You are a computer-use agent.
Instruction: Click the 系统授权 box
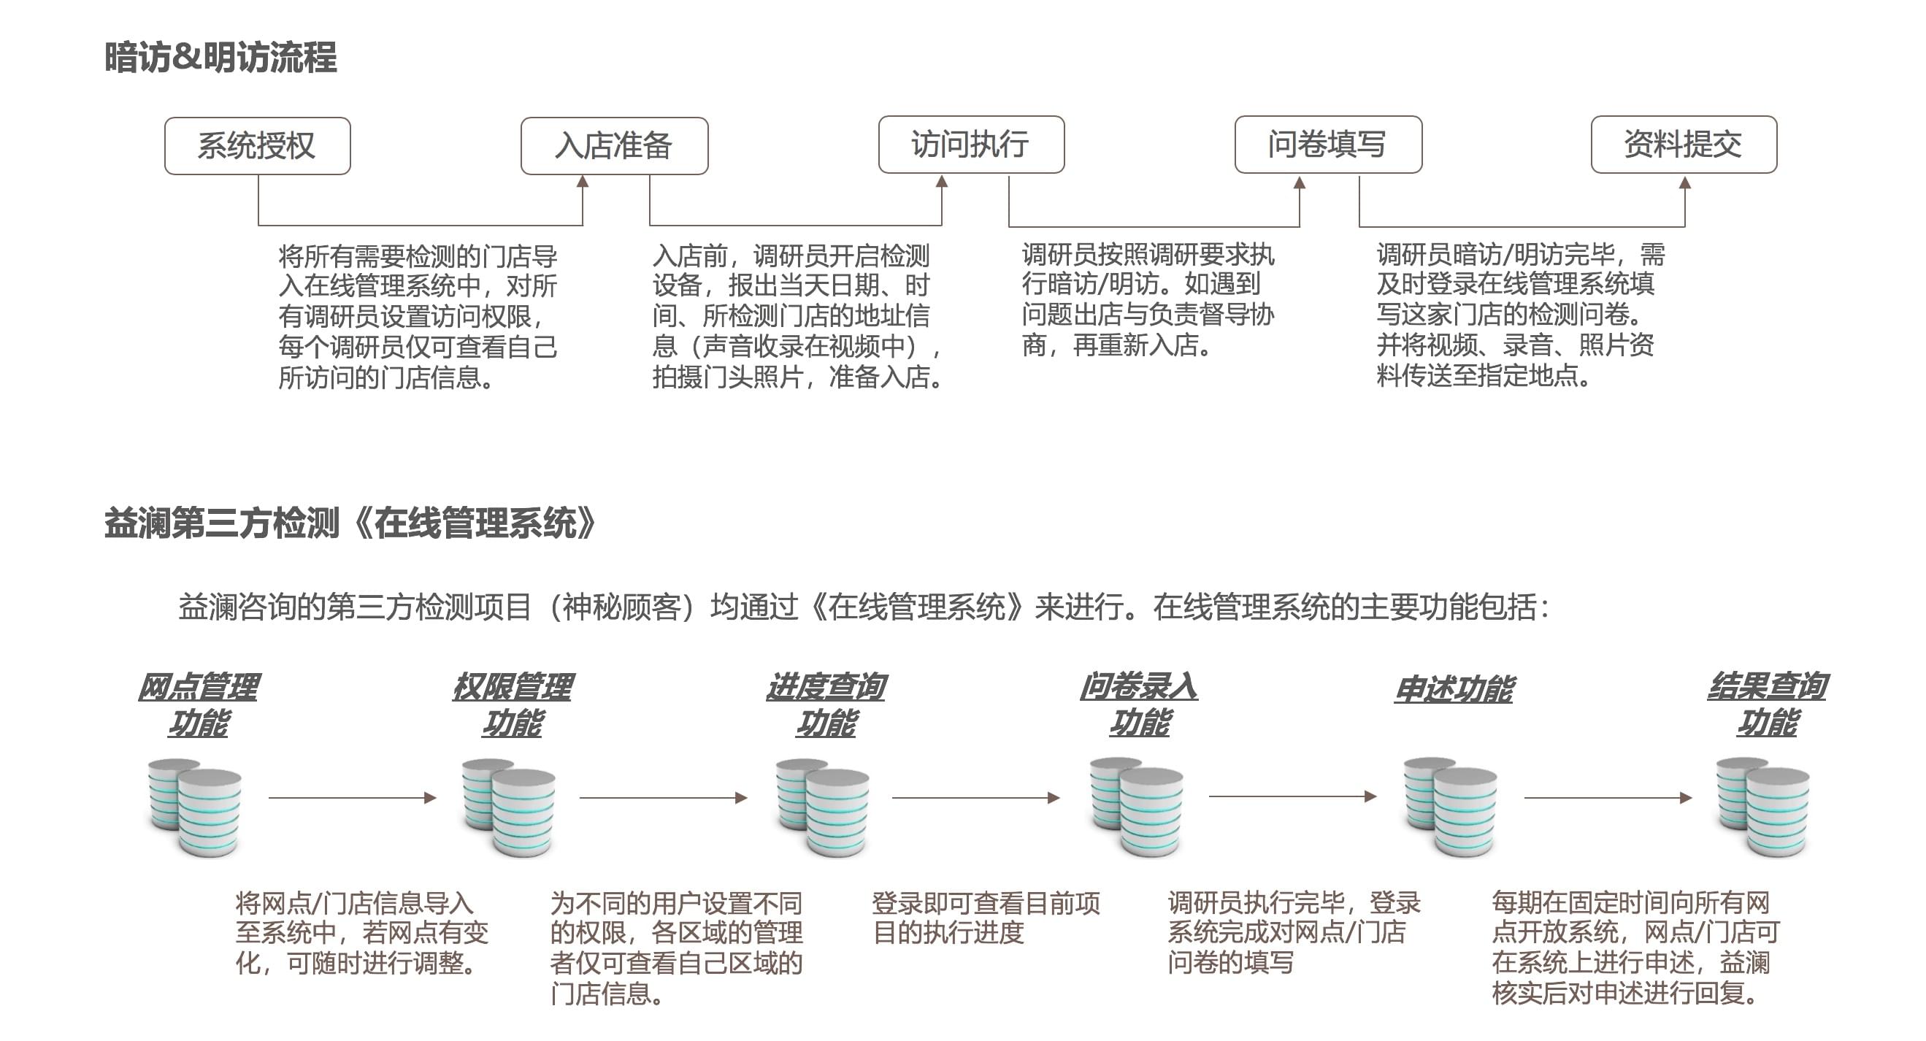click(257, 146)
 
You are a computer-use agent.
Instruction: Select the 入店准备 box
click(614, 146)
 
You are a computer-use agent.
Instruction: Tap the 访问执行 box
click(970, 145)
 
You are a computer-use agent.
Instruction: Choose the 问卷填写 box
click(1328, 145)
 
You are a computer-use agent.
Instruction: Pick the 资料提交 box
click(1683, 145)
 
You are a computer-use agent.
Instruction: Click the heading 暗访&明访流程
click(220, 58)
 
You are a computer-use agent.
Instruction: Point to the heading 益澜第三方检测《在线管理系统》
click(350, 523)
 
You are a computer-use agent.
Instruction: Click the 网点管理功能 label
click(198, 704)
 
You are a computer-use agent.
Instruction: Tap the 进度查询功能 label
click(826, 704)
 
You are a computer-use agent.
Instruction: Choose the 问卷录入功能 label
click(1139, 704)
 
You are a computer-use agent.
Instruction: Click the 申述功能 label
click(1454, 688)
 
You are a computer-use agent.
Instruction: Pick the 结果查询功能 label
click(1767, 704)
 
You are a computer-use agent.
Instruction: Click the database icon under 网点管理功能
click(195, 807)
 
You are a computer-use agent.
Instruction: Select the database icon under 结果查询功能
click(1762, 807)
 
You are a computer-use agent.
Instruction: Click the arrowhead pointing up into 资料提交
click(1684, 183)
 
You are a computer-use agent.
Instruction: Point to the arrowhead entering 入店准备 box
click(583, 182)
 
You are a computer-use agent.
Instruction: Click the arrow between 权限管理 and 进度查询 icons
click(663, 798)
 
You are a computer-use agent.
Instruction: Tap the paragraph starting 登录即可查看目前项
click(986, 918)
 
